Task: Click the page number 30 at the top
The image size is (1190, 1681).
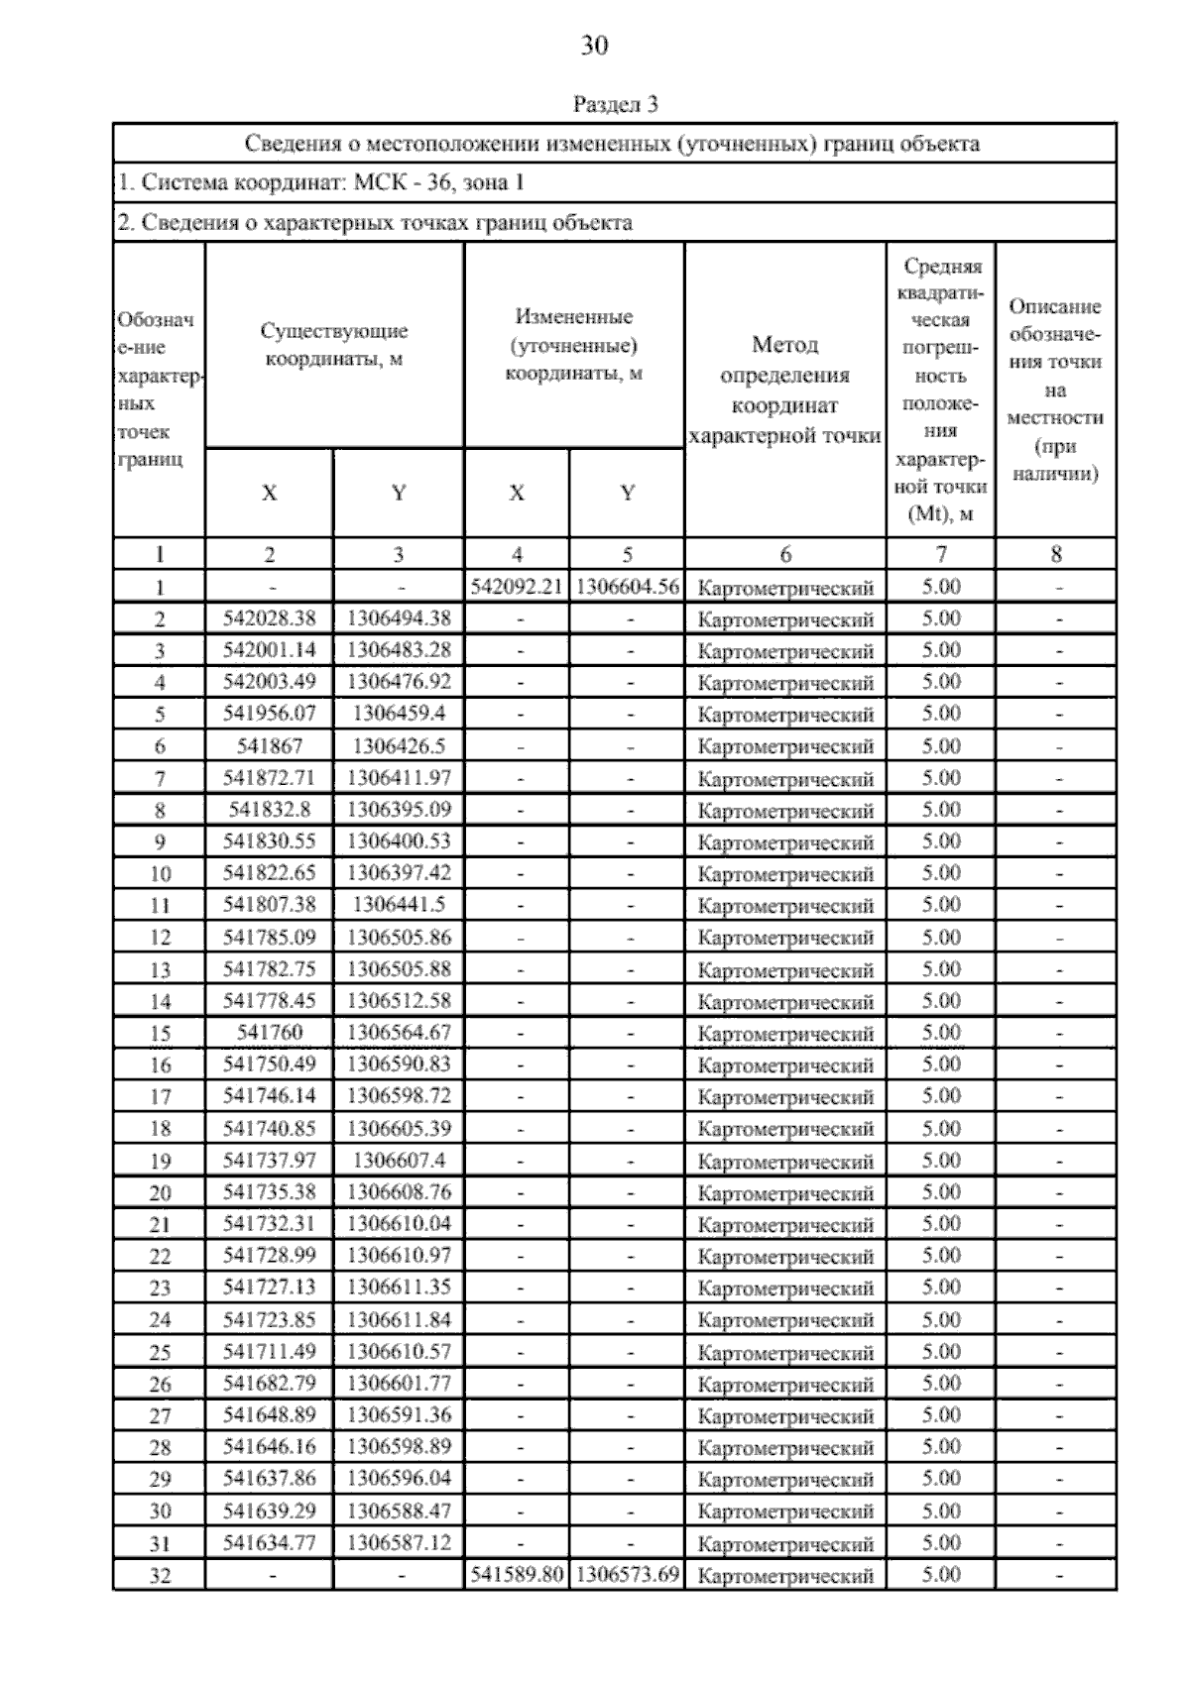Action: [594, 46]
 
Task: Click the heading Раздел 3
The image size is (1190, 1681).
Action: [615, 104]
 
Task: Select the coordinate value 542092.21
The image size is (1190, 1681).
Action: [517, 587]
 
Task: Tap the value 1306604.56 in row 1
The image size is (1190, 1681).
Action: [627, 587]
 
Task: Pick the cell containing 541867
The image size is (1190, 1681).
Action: [270, 746]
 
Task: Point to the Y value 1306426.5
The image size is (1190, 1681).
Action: [399, 746]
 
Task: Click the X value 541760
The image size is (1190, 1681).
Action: [270, 1033]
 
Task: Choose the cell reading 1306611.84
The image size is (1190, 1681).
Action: [399, 1319]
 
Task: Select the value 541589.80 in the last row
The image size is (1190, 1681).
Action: [517, 1574]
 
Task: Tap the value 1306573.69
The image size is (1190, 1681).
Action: [627, 1574]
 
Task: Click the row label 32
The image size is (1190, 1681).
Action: [160, 1575]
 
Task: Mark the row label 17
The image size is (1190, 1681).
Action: [160, 1097]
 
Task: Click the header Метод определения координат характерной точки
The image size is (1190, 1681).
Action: [784, 391]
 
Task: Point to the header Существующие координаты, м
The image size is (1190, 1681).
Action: [334, 345]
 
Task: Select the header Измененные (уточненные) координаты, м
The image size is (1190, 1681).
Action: [574, 345]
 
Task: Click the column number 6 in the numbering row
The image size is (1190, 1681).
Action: [785, 555]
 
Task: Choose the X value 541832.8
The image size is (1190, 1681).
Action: [270, 810]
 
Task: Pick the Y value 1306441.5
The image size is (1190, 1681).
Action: [399, 905]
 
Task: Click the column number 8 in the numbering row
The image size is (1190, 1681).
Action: [1056, 555]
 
